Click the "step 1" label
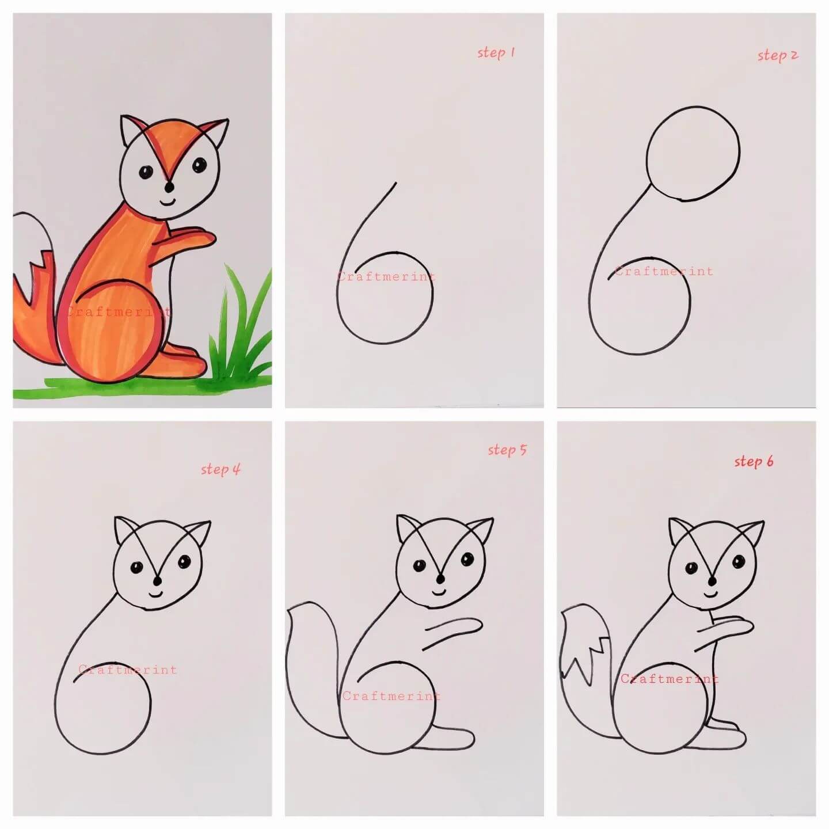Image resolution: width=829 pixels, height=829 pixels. pos(496,53)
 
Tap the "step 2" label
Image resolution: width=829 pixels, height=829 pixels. pos(777,55)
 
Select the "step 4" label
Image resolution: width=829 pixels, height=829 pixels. pos(220,469)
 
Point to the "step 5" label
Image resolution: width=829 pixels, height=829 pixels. pos(507,450)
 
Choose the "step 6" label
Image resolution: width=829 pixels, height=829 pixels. pos(754,462)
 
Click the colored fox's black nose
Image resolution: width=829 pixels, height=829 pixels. pos(170,187)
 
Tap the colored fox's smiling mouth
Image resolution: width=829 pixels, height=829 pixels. pos(168,201)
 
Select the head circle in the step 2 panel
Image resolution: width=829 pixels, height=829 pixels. pos(693,153)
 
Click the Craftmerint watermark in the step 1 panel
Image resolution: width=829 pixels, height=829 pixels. pos(386,276)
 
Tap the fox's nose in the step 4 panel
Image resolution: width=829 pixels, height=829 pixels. pos(158,580)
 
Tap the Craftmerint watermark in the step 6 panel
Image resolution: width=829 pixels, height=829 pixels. pos(669,679)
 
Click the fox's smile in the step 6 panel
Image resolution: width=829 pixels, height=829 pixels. pos(711,594)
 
